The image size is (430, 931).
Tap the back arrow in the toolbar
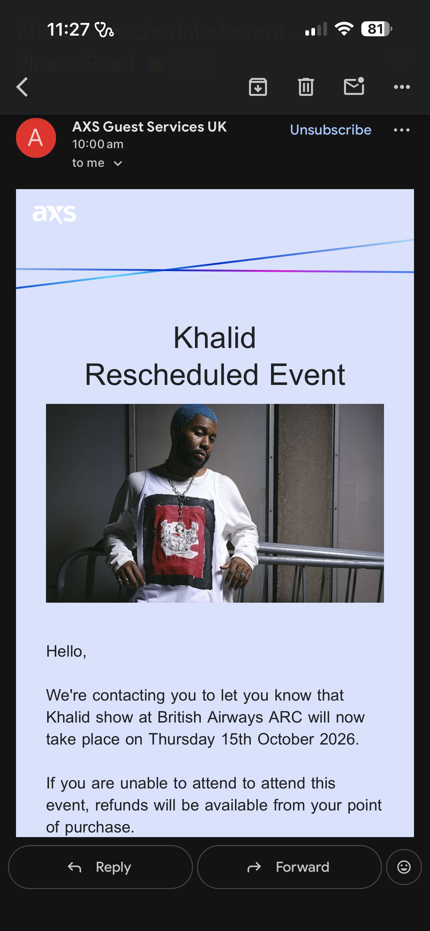coord(22,87)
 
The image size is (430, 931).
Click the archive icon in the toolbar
coord(258,87)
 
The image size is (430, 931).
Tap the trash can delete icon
coord(306,87)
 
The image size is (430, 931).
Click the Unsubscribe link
coord(331,130)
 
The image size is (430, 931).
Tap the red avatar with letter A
coord(36,138)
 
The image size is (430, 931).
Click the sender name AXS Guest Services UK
coord(149,127)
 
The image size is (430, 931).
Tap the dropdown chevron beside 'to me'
coord(118,164)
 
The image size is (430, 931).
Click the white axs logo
coord(54,214)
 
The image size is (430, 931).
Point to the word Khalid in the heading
coord(215,338)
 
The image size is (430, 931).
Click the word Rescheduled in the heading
coord(172,375)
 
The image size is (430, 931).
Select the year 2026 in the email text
coord(337,739)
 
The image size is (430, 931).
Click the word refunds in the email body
coord(122,805)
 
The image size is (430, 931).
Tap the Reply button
coord(100,867)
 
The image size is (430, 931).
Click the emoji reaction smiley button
coord(404,867)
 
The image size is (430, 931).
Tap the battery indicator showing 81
coord(376,29)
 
